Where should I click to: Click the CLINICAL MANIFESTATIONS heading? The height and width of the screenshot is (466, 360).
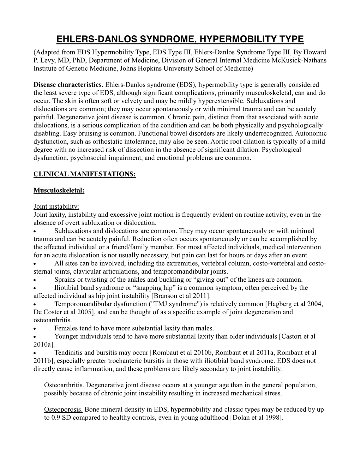84,174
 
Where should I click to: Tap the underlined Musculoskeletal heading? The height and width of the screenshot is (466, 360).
59,191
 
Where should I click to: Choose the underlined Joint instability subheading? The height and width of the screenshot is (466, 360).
56,207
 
